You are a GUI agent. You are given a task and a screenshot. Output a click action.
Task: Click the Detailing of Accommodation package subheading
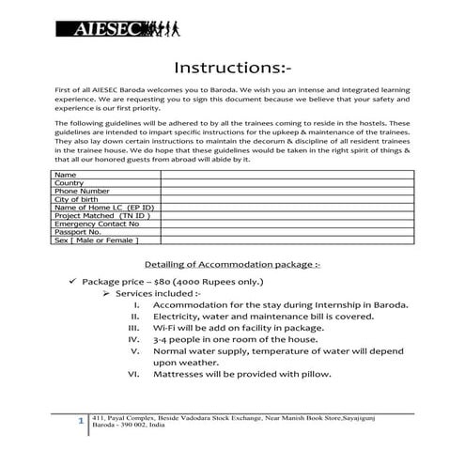click(x=232, y=265)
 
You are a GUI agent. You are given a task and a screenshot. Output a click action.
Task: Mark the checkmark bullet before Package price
click(x=71, y=282)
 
